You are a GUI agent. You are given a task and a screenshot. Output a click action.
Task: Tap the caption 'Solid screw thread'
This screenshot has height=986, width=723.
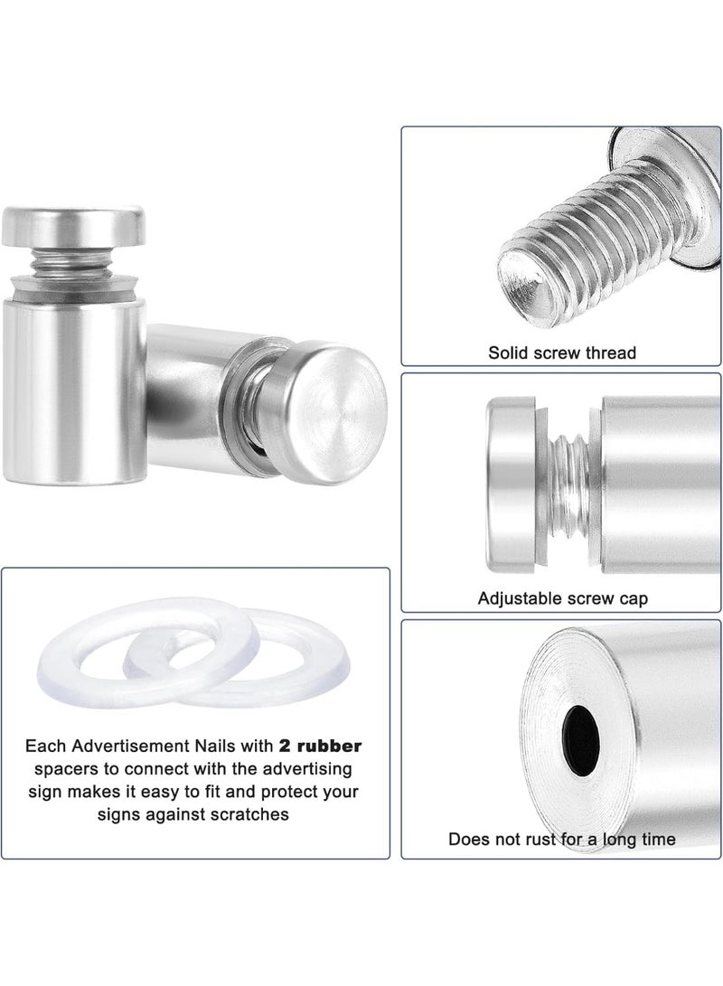(x=562, y=352)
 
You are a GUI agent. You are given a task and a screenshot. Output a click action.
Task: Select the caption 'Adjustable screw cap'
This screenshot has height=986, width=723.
(x=561, y=597)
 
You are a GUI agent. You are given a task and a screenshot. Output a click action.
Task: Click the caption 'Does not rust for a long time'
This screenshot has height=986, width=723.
(x=561, y=840)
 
